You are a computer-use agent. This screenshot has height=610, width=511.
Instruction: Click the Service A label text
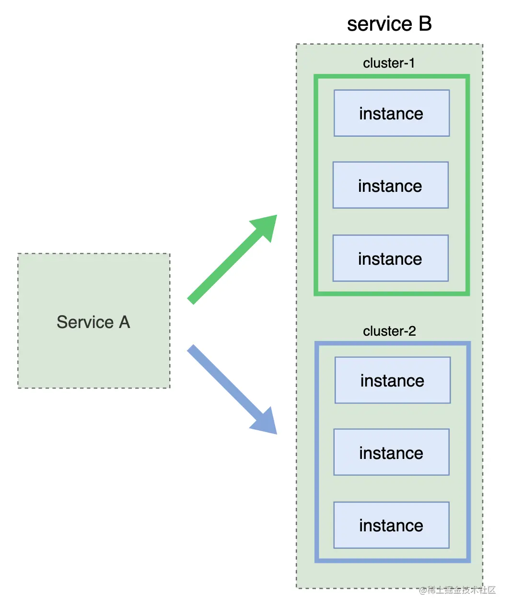[93, 322]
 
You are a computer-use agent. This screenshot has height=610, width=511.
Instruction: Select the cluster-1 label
[389, 63]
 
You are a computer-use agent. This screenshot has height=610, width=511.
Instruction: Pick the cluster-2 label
[389, 331]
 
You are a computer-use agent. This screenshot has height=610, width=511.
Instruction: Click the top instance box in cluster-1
[392, 113]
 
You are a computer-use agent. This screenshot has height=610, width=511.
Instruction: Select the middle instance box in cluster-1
[390, 185]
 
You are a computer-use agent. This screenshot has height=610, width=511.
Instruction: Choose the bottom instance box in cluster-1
[390, 258]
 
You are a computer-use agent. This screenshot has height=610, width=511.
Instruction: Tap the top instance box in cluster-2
[393, 380]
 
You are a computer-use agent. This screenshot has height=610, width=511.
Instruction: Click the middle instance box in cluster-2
[391, 452]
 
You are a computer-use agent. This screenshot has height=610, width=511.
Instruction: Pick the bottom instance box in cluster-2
[391, 525]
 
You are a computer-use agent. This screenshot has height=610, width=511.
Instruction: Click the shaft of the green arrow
[225, 267]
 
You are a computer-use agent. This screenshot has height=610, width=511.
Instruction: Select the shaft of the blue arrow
[225, 383]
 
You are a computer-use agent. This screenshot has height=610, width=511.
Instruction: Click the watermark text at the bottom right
[457, 590]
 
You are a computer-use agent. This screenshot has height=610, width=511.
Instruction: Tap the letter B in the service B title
[425, 23]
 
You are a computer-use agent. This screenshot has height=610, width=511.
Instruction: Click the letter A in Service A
[124, 322]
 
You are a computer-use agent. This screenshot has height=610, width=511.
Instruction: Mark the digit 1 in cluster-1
[412, 63]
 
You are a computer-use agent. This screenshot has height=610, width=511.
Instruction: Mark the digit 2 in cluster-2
[412, 331]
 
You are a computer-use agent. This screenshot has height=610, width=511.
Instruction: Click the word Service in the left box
[85, 322]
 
